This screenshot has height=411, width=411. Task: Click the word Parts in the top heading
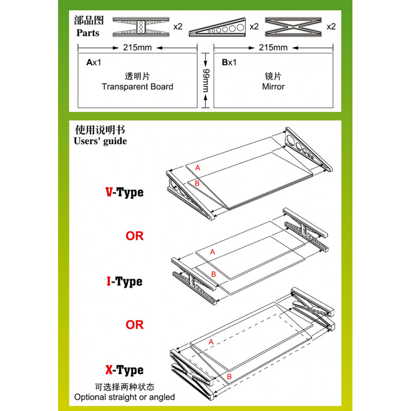[x=88, y=33]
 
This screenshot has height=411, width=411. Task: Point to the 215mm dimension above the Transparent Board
[x=137, y=48]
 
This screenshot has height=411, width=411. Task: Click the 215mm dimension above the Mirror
[x=273, y=48]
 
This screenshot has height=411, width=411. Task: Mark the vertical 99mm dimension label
[x=206, y=81]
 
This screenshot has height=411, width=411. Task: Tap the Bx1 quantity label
[x=229, y=63]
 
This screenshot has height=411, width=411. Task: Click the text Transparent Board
[x=137, y=87]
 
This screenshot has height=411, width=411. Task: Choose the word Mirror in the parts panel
[x=273, y=87]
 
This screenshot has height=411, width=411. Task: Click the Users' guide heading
[x=101, y=141]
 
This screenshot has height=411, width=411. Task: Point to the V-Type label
[x=124, y=193]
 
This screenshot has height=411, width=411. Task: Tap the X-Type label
[x=124, y=370]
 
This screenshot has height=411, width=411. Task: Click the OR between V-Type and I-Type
[x=135, y=236]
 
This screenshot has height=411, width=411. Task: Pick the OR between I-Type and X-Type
[x=135, y=325]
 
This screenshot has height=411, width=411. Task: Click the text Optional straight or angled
[x=124, y=397]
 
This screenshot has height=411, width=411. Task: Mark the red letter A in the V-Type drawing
[x=197, y=168]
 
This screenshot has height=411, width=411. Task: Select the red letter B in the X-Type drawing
[x=229, y=377]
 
